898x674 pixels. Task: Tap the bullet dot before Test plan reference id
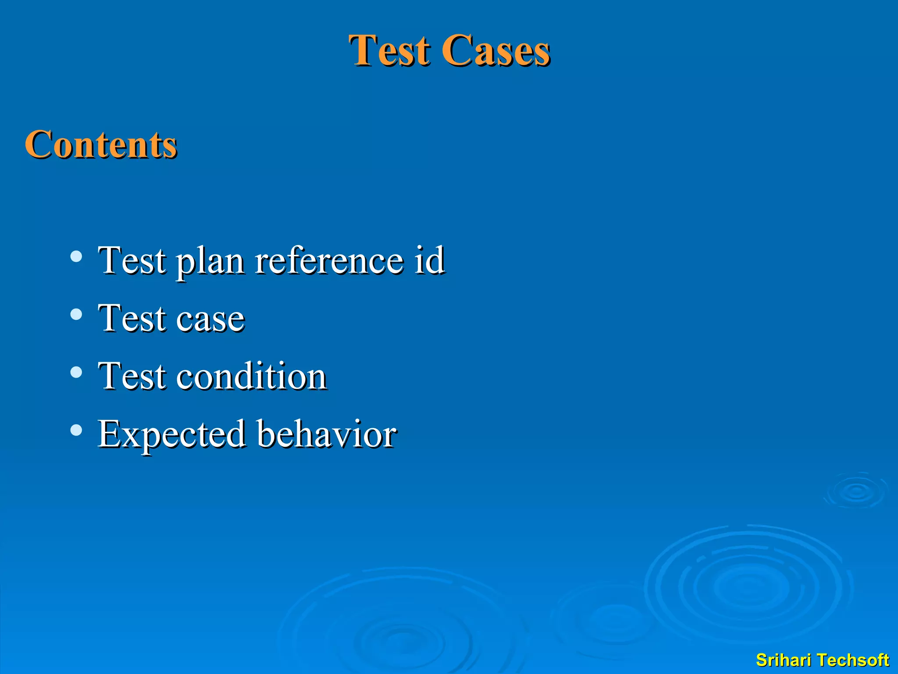(76, 256)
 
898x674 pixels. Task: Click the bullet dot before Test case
(76, 314)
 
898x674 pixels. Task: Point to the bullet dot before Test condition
(76, 372)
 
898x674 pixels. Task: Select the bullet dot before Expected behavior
(76, 430)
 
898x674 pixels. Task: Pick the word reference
(329, 261)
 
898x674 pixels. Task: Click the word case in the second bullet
(210, 319)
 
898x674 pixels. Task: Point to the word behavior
(326, 434)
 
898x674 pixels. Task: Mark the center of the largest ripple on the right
(748, 587)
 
